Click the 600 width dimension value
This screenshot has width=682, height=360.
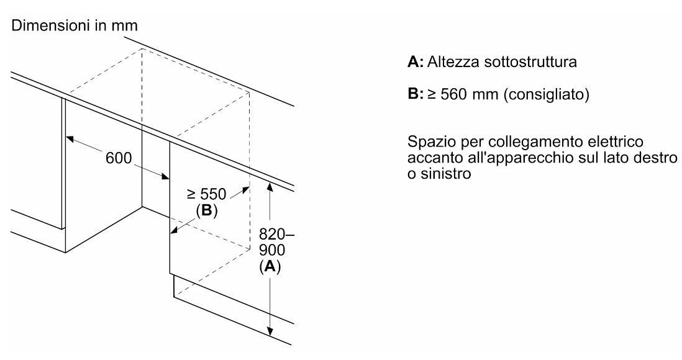pyautogui.click(x=119, y=158)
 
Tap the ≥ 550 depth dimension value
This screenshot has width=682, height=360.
pyautogui.click(x=207, y=194)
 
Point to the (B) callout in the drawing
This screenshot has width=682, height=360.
pyautogui.click(x=207, y=211)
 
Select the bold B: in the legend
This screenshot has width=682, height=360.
pyautogui.click(x=415, y=96)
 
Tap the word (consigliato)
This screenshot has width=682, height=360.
pyautogui.click(x=546, y=96)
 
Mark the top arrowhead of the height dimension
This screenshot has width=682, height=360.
pyautogui.click(x=270, y=184)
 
